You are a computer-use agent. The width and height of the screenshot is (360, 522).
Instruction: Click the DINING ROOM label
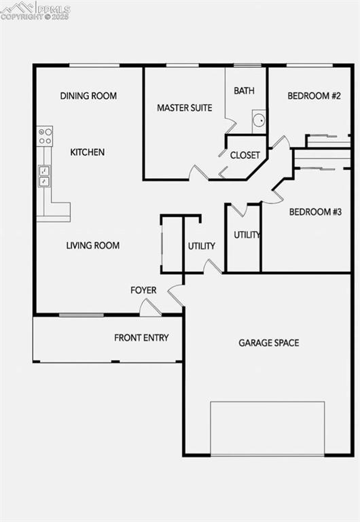[x=88, y=96]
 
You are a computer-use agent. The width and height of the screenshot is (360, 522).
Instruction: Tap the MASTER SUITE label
[x=184, y=107]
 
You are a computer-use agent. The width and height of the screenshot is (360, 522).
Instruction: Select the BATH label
[x=244, y=90]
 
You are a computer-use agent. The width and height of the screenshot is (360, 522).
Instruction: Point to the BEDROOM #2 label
[x=314, y=96]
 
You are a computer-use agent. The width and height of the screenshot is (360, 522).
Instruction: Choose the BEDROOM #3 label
[x=315, y=212]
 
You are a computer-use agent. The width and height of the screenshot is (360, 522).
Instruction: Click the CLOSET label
[x=245, y=155]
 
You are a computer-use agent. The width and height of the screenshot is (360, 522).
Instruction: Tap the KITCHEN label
[x=88, y=152]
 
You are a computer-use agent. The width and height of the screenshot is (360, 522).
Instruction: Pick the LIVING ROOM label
[x=93, y=245]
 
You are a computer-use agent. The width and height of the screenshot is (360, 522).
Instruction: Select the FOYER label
[x=143, y=290]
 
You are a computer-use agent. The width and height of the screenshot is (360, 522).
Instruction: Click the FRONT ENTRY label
[x=141, y=338]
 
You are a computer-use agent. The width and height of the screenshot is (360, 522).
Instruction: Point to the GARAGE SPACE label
[x=268, y=343]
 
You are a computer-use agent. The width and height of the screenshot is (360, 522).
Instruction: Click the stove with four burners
[x=45, y=136]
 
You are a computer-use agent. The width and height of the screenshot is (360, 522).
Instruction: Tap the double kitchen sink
[x=44, y=176]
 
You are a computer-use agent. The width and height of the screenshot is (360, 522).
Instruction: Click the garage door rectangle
[x=267, y=428]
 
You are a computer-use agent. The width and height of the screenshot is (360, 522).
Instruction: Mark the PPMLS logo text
[x=53, y=7]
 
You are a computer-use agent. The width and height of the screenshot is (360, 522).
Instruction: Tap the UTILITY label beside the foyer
[x=201, y=246]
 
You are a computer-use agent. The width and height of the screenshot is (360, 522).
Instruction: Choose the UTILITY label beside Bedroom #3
[x=247, y=234]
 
